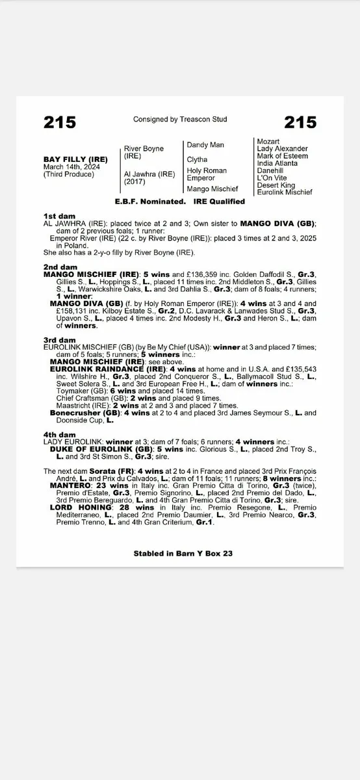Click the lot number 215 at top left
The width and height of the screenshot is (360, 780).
(x=60, y=122)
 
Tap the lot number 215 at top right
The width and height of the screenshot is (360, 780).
(x=300, y=122)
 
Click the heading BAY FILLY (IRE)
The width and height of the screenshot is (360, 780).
(x=76, y=159)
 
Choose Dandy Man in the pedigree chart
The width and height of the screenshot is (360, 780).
(x=205, y=144)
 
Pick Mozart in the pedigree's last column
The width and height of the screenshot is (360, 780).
(x=268, y=141)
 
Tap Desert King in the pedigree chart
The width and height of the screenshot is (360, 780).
(x=276, y=185)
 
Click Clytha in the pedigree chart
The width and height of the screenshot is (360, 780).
(x=197, y=159)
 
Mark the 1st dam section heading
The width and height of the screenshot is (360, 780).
(x=59, y=215)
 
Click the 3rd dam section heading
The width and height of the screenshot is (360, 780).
(x=59, y=340)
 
